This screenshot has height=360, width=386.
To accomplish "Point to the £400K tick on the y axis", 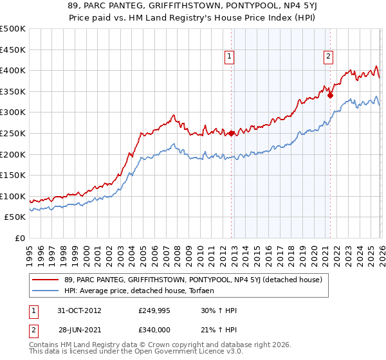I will [13, 70].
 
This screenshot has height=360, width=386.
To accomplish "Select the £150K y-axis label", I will [13, 175].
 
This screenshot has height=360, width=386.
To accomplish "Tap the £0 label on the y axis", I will [19, 238].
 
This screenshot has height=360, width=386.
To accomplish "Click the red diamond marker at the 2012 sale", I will [232, 133].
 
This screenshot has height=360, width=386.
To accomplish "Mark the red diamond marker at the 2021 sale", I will [330, 95].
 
